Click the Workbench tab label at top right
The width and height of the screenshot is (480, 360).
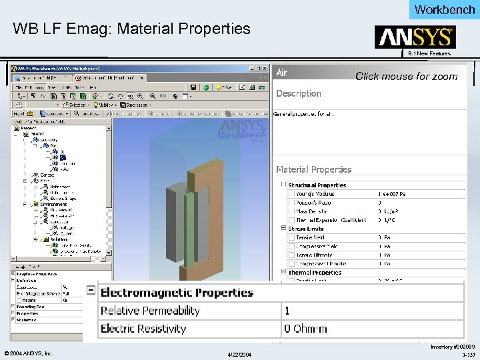coord(445,9)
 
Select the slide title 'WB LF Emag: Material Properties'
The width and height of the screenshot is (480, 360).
coord(131,29)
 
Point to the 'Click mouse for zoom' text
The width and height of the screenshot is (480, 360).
coord(407,76)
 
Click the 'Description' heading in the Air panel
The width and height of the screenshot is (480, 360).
coord(299,93)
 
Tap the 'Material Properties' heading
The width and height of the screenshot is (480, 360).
coord(313,169)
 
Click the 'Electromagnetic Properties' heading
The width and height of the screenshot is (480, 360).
coord(177,293)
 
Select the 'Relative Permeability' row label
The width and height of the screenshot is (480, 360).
coord(150,311)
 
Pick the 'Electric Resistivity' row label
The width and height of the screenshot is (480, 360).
coord(143,329)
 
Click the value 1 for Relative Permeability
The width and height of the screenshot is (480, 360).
coord(287,311)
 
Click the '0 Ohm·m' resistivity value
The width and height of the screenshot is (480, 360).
coord(306,329)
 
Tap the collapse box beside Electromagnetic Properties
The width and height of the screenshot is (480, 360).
coord(91,291)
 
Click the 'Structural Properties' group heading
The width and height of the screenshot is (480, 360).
coord(317,185)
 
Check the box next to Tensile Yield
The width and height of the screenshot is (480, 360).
coord(291,237)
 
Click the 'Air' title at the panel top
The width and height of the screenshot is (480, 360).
coord(282,71)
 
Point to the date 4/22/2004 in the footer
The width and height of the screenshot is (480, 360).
coord(239,353)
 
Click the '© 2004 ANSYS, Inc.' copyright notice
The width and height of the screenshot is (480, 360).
coord(29,353)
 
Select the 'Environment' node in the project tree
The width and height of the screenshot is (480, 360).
coord(53,205)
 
